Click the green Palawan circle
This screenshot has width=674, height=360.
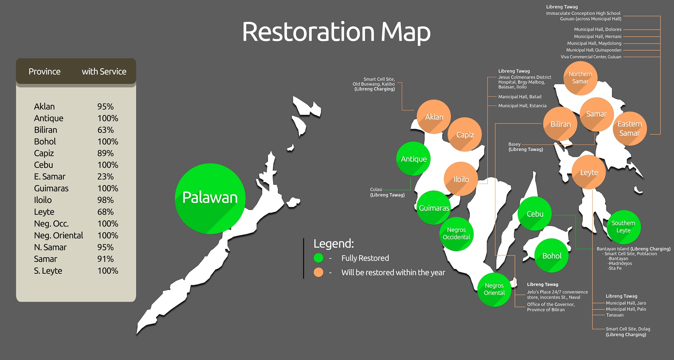210,199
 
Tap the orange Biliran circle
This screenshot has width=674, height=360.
560,124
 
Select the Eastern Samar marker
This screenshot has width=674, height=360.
630,128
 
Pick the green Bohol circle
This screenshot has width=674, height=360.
552,256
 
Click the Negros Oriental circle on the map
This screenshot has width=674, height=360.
494,289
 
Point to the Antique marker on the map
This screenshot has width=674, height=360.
413,159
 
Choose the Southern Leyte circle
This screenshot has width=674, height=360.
623,227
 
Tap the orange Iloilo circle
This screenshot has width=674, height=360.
461,179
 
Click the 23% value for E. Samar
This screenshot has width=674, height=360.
105,177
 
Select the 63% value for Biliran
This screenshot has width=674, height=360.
105,130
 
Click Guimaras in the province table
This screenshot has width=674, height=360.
51,188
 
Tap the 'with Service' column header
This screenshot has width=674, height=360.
104,71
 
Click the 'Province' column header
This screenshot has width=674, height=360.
44,71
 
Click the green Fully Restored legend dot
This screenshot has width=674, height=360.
318,258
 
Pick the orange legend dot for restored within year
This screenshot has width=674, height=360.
318,272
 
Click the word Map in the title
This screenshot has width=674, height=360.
405,32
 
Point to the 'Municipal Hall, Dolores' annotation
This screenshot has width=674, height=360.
598,30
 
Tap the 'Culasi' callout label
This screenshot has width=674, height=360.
376,189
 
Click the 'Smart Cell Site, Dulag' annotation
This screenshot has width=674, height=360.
628,329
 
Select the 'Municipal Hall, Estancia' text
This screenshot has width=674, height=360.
522,106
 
